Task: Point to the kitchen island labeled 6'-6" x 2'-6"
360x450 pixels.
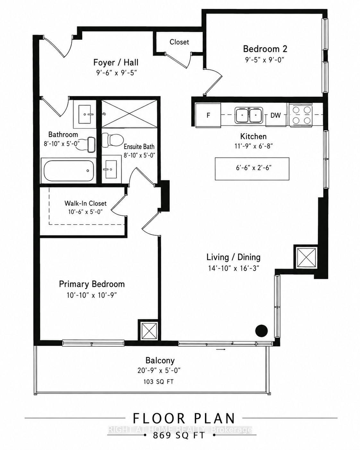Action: [x=252, y=169]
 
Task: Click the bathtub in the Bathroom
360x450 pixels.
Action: [x=69, y=171]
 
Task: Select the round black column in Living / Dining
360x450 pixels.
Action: [x=261, y=331]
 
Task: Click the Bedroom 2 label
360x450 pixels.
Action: [x=265, y=49]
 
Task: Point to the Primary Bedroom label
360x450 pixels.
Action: [x=92, y=284]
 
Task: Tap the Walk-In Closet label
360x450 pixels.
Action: [x=85, y=203]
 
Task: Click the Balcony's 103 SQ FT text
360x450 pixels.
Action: [x=159, y=382]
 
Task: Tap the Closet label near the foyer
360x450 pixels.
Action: [x=179, y=42]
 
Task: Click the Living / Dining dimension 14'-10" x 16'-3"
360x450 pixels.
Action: [x=234, y=268]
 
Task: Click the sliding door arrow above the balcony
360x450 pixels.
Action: [x=221, y=349]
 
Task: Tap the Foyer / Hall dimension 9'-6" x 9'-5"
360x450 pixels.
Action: [x=117, y=73]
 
